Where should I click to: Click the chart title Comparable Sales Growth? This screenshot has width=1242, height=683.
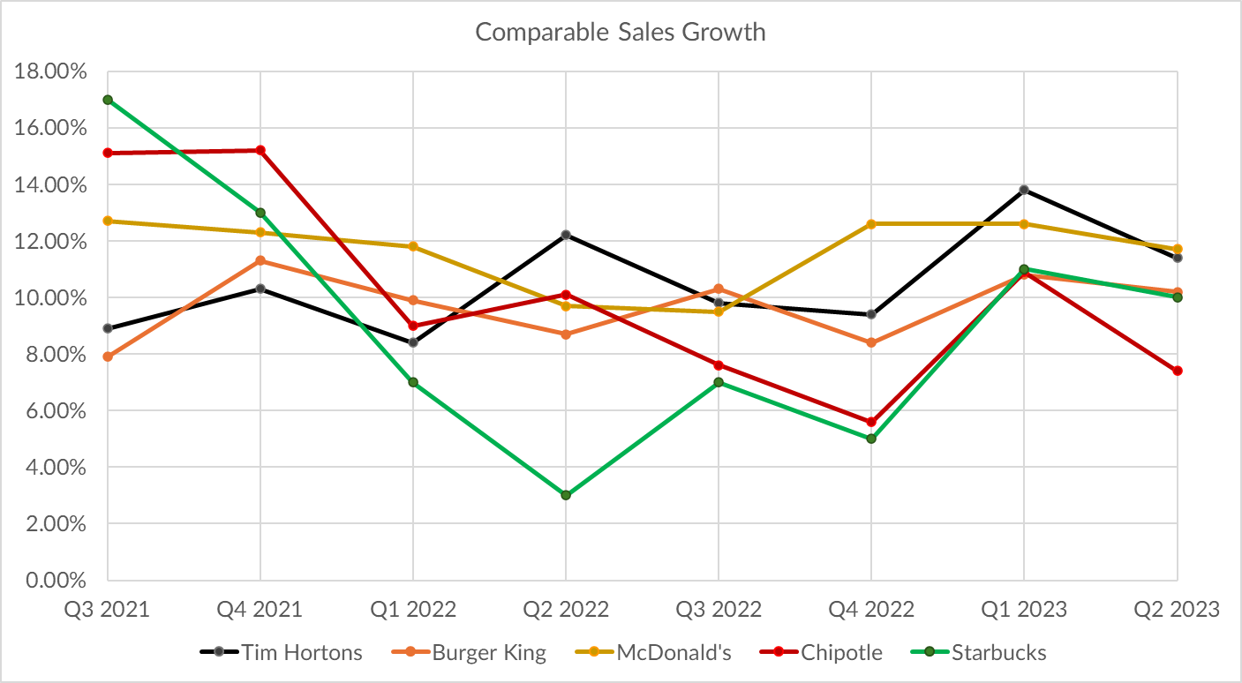[620, 33]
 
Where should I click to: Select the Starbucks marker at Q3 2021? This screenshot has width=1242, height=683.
[108, 100]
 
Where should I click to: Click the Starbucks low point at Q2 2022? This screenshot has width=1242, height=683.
[566, 495]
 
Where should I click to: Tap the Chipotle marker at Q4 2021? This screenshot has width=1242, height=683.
[260, 150]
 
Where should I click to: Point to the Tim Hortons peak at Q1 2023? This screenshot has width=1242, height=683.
[1024, 190]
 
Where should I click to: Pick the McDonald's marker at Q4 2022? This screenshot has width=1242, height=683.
[871, 224]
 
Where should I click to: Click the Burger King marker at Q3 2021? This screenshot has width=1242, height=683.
[108, 357]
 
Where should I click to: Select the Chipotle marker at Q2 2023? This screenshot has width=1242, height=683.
[1178, 371]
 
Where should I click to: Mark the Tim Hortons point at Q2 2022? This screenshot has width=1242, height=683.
[566, 235]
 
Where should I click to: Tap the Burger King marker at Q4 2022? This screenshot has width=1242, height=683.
[871, 342]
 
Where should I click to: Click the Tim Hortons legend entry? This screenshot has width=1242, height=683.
[282, 653]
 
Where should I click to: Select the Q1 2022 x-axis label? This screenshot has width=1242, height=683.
[413, 609]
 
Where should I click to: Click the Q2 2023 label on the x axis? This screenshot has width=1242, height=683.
[1178, 609]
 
